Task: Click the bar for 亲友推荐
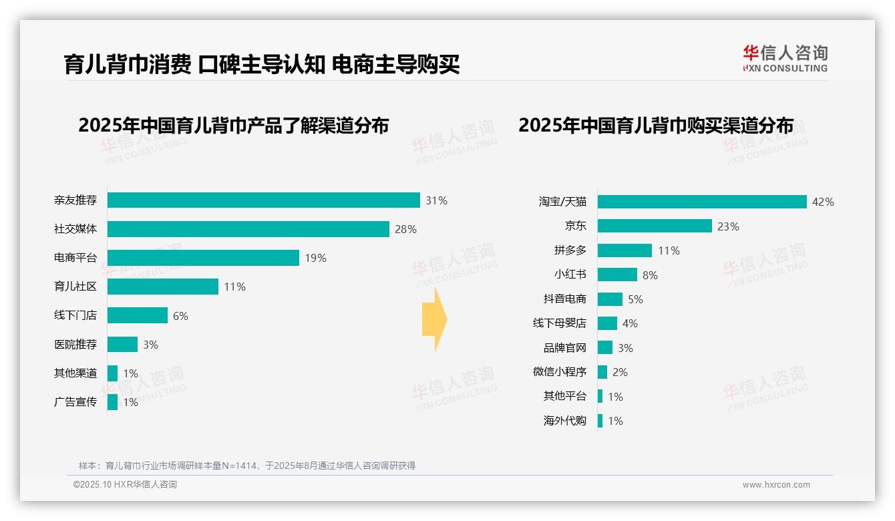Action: pos(263,200)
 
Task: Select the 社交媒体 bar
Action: pos(248,229)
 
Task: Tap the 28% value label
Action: pos(405,229)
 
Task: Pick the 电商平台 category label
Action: pos(75,258)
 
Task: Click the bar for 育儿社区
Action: pos(162,287)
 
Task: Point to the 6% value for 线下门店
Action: pos(180,316)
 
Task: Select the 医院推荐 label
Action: pos(75,345)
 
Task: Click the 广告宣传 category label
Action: pos(75,402)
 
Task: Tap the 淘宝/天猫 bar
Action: pos(702,202)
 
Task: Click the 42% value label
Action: pos(823,202)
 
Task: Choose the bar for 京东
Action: pos(655,226)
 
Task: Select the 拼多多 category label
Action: pos(570,250)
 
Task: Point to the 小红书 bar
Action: pos(617,275)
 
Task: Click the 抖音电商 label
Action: pos(564,299)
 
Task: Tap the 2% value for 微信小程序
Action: pos(620,372)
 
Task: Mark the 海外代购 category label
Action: pos(564,421)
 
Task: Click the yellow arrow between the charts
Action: pos(435,320)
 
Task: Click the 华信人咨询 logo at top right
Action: pos(785,58)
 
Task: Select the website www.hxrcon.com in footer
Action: pos(775,485)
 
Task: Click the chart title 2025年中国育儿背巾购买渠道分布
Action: pos(656,126)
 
